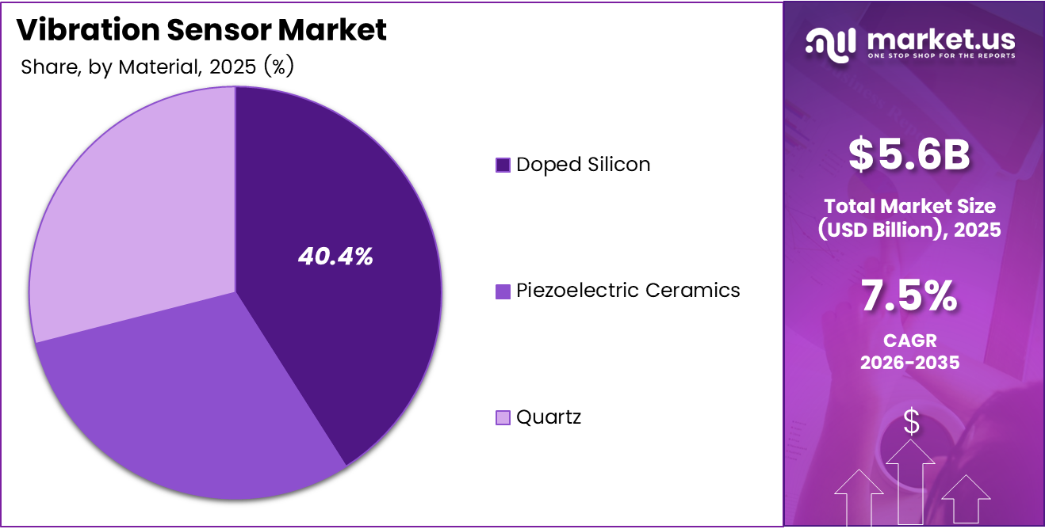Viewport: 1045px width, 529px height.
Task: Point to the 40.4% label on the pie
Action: tap(335, 257)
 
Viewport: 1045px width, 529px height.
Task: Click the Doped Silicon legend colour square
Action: tap(503, 165)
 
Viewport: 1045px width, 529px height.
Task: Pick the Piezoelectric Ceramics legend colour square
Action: tap(503, 291)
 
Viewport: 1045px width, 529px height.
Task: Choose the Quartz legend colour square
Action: tap(503, 417)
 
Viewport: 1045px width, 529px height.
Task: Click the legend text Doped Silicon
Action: tap(583, 165)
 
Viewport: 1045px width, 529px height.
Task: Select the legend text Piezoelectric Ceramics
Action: tap(628, 291)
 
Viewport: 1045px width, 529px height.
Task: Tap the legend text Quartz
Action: tap(549, 417)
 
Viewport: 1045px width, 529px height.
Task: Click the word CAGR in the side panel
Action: tap(910, 341)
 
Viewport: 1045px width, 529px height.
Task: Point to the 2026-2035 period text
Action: tap(910, 363)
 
